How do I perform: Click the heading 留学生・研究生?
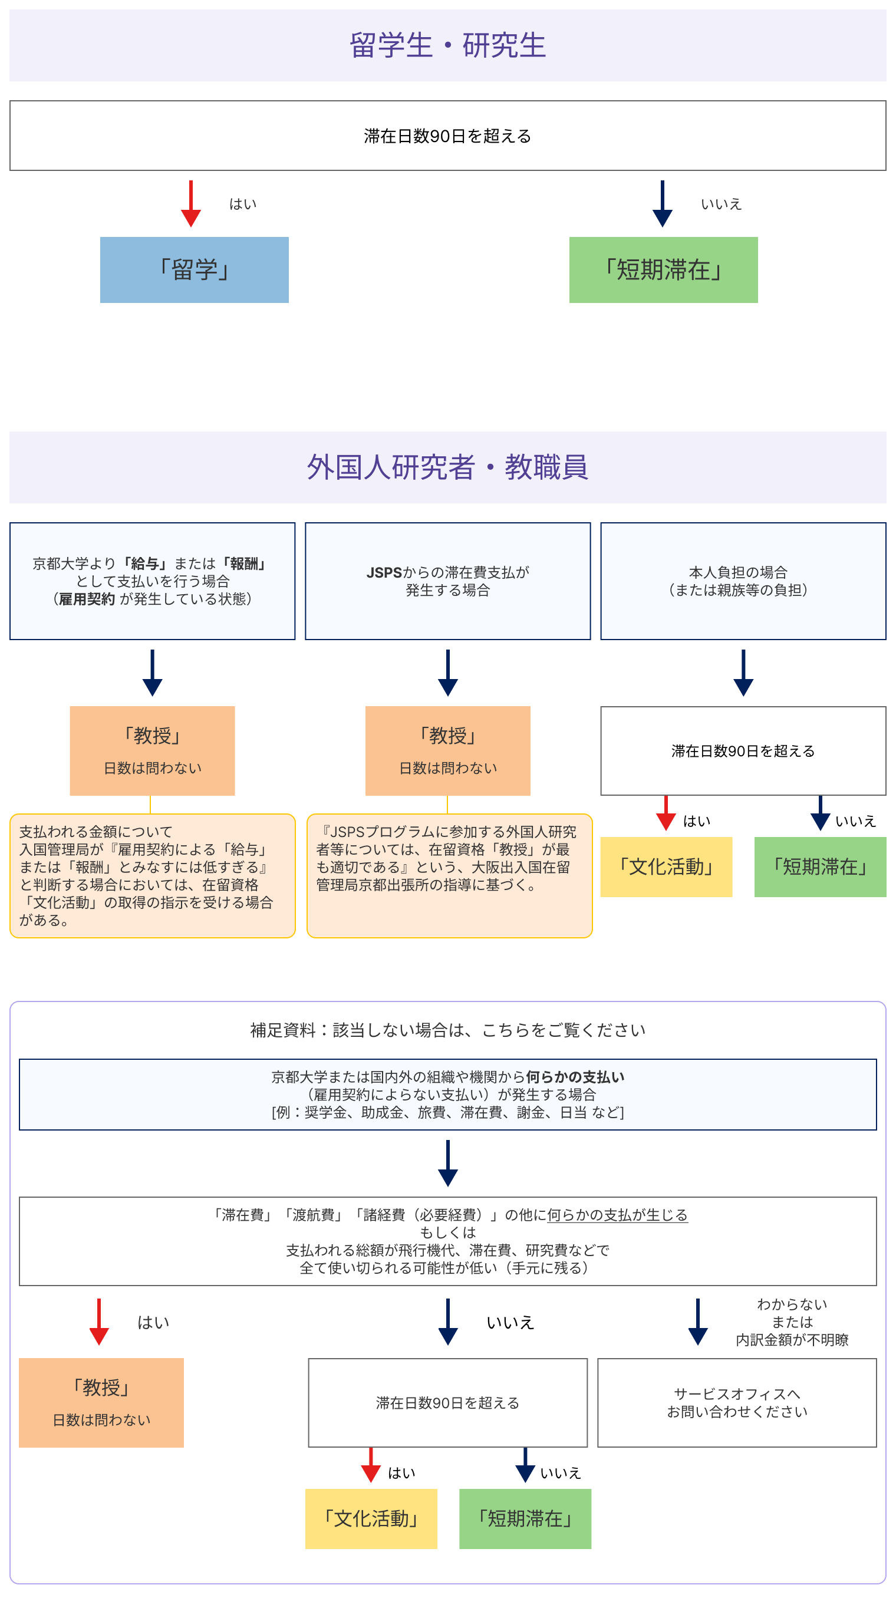click(447, 45)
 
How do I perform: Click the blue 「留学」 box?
click(194, 269)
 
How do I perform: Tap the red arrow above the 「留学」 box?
click(190, 203)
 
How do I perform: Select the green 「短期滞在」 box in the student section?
click(663, 269)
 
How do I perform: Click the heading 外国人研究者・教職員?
click(447, 467)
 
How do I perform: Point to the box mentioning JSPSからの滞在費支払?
click(447, 581)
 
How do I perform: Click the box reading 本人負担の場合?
click(743, 581)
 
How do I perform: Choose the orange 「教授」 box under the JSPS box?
click(447, 750)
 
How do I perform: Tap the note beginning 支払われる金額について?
click(152, 875)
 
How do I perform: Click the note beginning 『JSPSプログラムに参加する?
click(449, 875)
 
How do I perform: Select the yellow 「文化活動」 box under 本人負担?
click(666, 866)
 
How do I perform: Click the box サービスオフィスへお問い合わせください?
click(737, 1402)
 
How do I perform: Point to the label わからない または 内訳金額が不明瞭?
click(791, 1322)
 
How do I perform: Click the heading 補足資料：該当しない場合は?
click(447, 1030)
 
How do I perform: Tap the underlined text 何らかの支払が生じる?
click(617, 1215)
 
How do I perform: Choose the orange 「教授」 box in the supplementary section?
click(101, 1402)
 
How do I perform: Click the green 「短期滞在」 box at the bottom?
click(525, 1518)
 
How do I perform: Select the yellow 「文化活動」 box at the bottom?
click(371, 1518)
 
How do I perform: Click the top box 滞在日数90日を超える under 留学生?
click(447, 136)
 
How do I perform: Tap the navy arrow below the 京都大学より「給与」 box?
click(152, 673)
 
